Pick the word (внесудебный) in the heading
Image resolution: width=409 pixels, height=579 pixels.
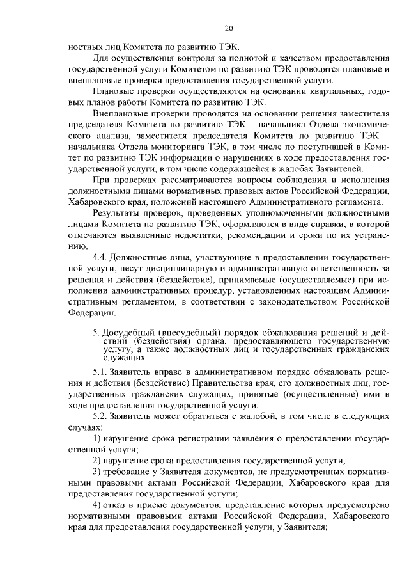[x=190, y=333]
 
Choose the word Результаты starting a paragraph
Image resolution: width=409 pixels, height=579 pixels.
[x=120, y=212]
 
